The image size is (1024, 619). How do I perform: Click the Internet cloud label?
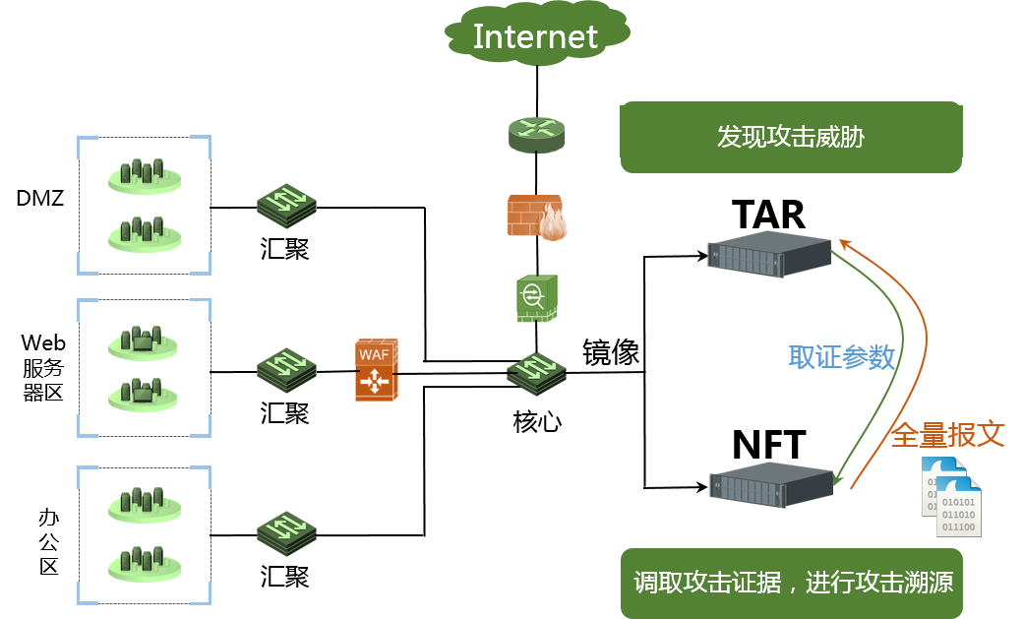point(535,37)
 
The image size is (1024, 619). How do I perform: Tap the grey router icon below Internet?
point(537,135)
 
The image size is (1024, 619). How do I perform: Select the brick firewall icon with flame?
point(537,217)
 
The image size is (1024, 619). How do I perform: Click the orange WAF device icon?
point(376,370)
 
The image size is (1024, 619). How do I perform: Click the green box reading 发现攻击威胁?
point(791,137)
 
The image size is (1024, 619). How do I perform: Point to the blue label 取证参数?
point(841,357)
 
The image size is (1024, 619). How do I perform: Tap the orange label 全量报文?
point(947,434)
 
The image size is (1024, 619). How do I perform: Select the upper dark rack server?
point(770,254)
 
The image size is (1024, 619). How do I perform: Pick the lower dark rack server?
point(770,485)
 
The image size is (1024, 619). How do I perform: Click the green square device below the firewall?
point(536,298)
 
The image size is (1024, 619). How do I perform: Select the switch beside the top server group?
point(287,205)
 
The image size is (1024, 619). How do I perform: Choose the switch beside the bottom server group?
point(287,531)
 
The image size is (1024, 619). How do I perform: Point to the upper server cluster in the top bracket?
point(145,175)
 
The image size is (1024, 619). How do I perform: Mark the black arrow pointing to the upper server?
point(679,256)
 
